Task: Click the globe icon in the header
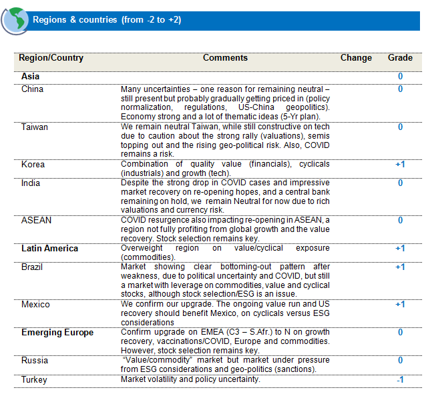point(16,20)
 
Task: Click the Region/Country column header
point(51,58)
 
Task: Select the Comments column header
point(225,58)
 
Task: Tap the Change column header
point(356,58)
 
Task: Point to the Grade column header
point(400,58)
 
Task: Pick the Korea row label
point(33,164)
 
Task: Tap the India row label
point(31,183)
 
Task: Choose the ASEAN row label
point(36,220)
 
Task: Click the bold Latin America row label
point(49,249)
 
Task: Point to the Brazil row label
point(33,267)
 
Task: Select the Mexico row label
point(35,304)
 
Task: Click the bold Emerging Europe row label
point(57,332)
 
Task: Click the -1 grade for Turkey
point(400,379)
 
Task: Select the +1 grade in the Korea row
point(400,164)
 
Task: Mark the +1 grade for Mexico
point(400,304)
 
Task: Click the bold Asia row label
point(30,77)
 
